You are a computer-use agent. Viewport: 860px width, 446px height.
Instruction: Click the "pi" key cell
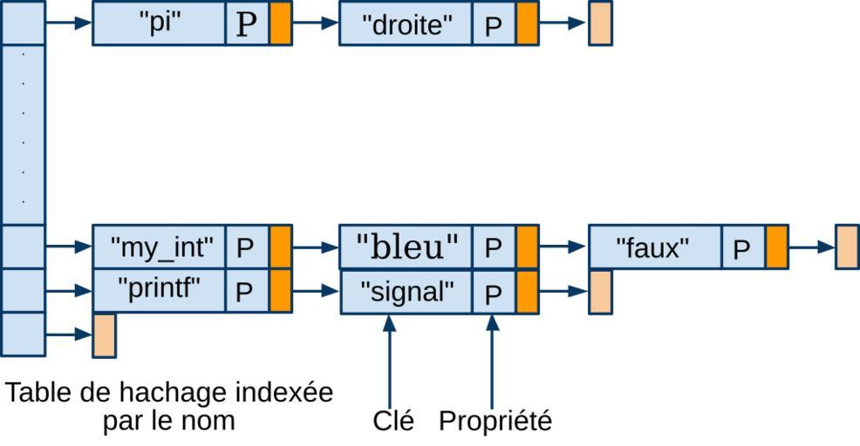tap(159, 24)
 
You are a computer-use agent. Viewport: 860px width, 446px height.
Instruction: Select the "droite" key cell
tap(406, 24)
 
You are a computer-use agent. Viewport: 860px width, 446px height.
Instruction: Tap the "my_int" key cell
tap(159, 247)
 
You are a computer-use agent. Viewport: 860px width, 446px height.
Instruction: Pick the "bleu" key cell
tap(406, 247)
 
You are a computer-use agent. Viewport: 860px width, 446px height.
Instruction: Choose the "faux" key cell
tap(654, 247)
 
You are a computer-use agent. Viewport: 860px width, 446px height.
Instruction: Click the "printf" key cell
tap(159, 290)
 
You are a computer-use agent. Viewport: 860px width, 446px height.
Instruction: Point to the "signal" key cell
tap(406, 291)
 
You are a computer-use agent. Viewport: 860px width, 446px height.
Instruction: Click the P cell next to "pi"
tap(248, 24)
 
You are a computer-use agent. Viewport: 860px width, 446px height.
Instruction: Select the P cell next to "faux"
tap(741, 248)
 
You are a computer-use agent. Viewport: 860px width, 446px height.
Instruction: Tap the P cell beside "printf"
tap(245, 291)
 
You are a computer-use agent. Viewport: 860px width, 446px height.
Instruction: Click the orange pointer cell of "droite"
tap(527, 24)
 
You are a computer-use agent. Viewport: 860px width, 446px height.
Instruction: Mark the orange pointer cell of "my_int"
tap(281, 247)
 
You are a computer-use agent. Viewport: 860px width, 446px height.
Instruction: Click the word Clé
tap(393, 421)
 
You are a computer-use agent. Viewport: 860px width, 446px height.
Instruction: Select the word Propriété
tap(495, 421)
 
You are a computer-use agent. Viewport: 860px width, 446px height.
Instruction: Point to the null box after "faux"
tap(846, 247)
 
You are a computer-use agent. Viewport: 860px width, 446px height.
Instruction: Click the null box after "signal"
tap(600, 292)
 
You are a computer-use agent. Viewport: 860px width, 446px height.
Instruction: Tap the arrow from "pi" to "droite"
tap(315, 24)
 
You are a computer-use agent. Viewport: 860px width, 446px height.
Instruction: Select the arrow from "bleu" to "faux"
tap(563, 247)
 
